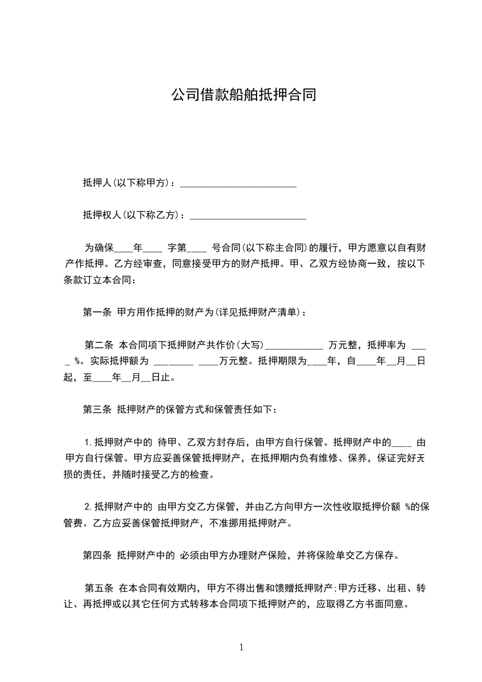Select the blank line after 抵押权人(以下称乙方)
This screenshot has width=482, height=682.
pyautogui.click(x=248, y=215)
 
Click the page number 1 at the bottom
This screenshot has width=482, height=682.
pyautogui.click(x=241, y=647)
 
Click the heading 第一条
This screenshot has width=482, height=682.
pyautogui.click(x=97, y=312)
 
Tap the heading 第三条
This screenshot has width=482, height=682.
pyautogui.click(x=97, y=409)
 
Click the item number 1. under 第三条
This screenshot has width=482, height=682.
pyautogui.click(x=88, y=442)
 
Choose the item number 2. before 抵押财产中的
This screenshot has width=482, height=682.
pyautogui.click(x=88, y=506)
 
